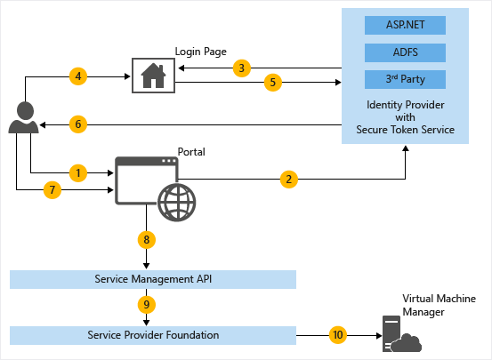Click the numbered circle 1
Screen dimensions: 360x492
[x=79, y=171]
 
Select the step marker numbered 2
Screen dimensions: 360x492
[x=287, y=179]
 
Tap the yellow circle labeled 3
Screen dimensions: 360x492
[x=241, y=68]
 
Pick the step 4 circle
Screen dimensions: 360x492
[x=79, y=76]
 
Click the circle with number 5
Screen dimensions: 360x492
[x=274, y=84]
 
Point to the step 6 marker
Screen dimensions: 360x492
[x=79, y=124]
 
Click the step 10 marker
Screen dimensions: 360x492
[x=337, y=335]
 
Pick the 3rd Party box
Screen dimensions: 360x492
[x=405, y=79]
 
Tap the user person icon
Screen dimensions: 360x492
[x=25, y=118]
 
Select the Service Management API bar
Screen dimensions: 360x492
[x=152, y=279]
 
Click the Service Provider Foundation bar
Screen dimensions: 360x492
[x=152, y=335]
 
